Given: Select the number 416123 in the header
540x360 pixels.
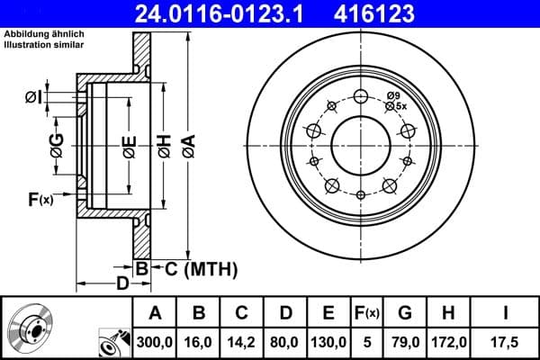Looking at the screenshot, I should point(405,13).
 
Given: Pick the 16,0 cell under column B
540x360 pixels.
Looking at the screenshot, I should point(200,342).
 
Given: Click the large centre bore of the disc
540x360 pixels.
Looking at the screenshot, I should point(361,144).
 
